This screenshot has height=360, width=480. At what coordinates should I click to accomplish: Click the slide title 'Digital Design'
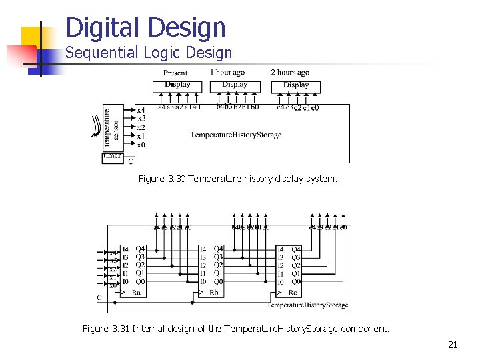coord(146,27)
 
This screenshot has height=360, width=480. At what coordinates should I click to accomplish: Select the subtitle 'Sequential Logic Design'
coord(149,53)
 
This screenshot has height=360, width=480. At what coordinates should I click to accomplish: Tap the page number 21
coord(453,345)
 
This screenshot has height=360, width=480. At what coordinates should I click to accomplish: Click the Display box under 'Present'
coord(177,85)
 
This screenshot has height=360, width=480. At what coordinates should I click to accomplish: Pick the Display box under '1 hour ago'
coord(234,85)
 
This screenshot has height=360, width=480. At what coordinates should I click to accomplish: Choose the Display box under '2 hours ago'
coord(296,86)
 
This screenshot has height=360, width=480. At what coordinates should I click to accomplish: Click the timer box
coord(112,157)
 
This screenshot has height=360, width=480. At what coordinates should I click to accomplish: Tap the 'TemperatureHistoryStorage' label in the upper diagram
coord(236,135)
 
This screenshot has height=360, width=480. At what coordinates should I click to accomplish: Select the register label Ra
coord(136,292)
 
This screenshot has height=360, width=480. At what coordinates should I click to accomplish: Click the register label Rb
coord(214,292)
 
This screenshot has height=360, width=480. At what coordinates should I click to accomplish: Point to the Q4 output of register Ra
coord(140,249)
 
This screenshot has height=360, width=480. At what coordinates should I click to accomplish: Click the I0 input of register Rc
coord(281,282)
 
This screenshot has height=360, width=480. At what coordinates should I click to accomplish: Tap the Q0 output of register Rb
coord(218,281)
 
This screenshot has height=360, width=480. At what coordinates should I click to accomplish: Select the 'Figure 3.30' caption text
coord(238,179)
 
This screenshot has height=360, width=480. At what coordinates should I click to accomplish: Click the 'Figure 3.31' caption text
coord(235,329)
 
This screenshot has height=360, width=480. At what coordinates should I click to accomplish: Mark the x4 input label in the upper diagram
coord(141,110)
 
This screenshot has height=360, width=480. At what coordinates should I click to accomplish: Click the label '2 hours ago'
coord(290,72)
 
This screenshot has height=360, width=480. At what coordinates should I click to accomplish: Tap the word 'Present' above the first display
coord(175,73)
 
